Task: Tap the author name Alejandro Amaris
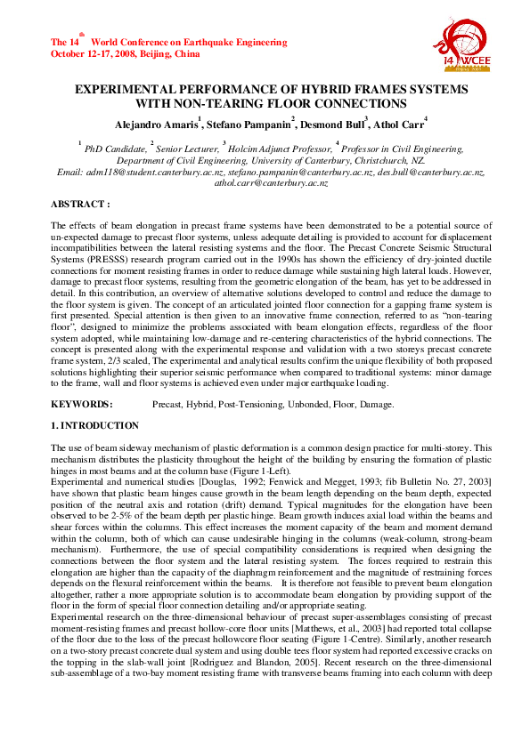pyautogui.click(x=161, y=123)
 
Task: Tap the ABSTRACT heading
pyautogui.click(x=80, y=205)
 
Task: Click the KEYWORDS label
pyautogui.click(x=81, y=405)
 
